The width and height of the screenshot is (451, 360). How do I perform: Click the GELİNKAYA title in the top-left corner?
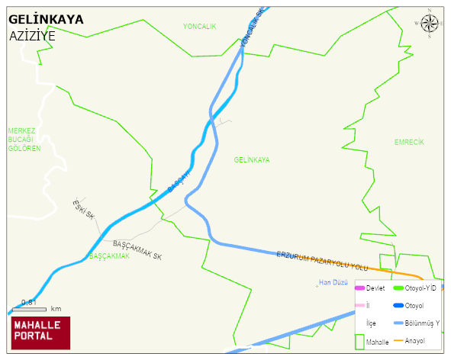tap(46, 19)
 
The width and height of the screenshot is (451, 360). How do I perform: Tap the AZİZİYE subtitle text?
tap(32, 36)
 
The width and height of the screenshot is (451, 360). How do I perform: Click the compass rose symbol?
tap(430, 24)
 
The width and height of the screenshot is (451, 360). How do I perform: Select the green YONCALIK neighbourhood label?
tap(200, 27)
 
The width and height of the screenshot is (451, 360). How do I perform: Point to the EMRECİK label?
tap(409, 143)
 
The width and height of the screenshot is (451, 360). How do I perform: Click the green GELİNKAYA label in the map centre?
tap(252, 160)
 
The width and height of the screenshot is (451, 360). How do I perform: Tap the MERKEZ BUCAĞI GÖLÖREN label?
tap(24, 140)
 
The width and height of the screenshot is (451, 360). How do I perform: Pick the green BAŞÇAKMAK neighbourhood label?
tap(109, 256)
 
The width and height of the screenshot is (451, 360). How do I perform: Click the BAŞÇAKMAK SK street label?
tap(137, 250)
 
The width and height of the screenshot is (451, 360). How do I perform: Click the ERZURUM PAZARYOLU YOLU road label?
tap(322, 259)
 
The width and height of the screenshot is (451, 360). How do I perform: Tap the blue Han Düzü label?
tap(333, 283)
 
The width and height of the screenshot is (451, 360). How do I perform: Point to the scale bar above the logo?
tap(35, 308)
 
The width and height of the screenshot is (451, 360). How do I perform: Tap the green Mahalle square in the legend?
tap(360, 341)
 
